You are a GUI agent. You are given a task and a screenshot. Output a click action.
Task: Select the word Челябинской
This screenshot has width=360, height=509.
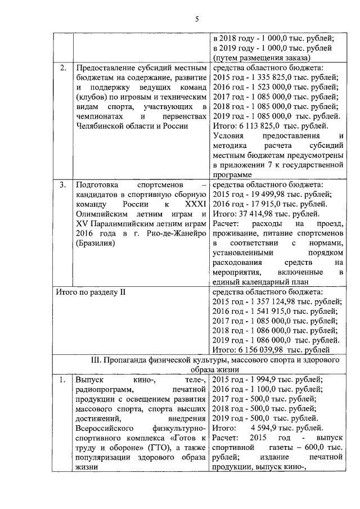click(101, 127)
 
